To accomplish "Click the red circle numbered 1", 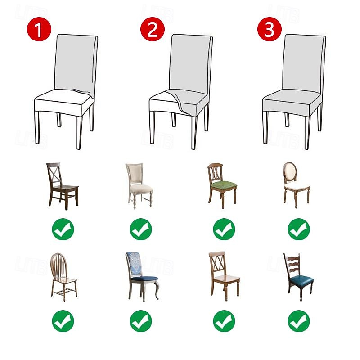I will (x=39, y=30).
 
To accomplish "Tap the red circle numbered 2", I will (x=153, y=30).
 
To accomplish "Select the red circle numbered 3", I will (x=269, y=30).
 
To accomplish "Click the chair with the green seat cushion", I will (x=222, y=185).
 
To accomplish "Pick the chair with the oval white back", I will (x=296, y=184).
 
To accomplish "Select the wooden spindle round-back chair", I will (x=63, y=275).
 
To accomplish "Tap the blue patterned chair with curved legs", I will (x=142, y=275).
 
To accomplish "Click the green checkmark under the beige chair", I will (x=141, y=229).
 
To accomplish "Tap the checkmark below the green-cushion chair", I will (x=224, y=229).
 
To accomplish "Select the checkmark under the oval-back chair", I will (x=299, y=229).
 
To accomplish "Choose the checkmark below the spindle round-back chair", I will (x=63, y=321).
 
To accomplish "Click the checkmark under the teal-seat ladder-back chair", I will (x=299, y=321).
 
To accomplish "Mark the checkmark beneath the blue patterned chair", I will (x=141, y=321).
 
